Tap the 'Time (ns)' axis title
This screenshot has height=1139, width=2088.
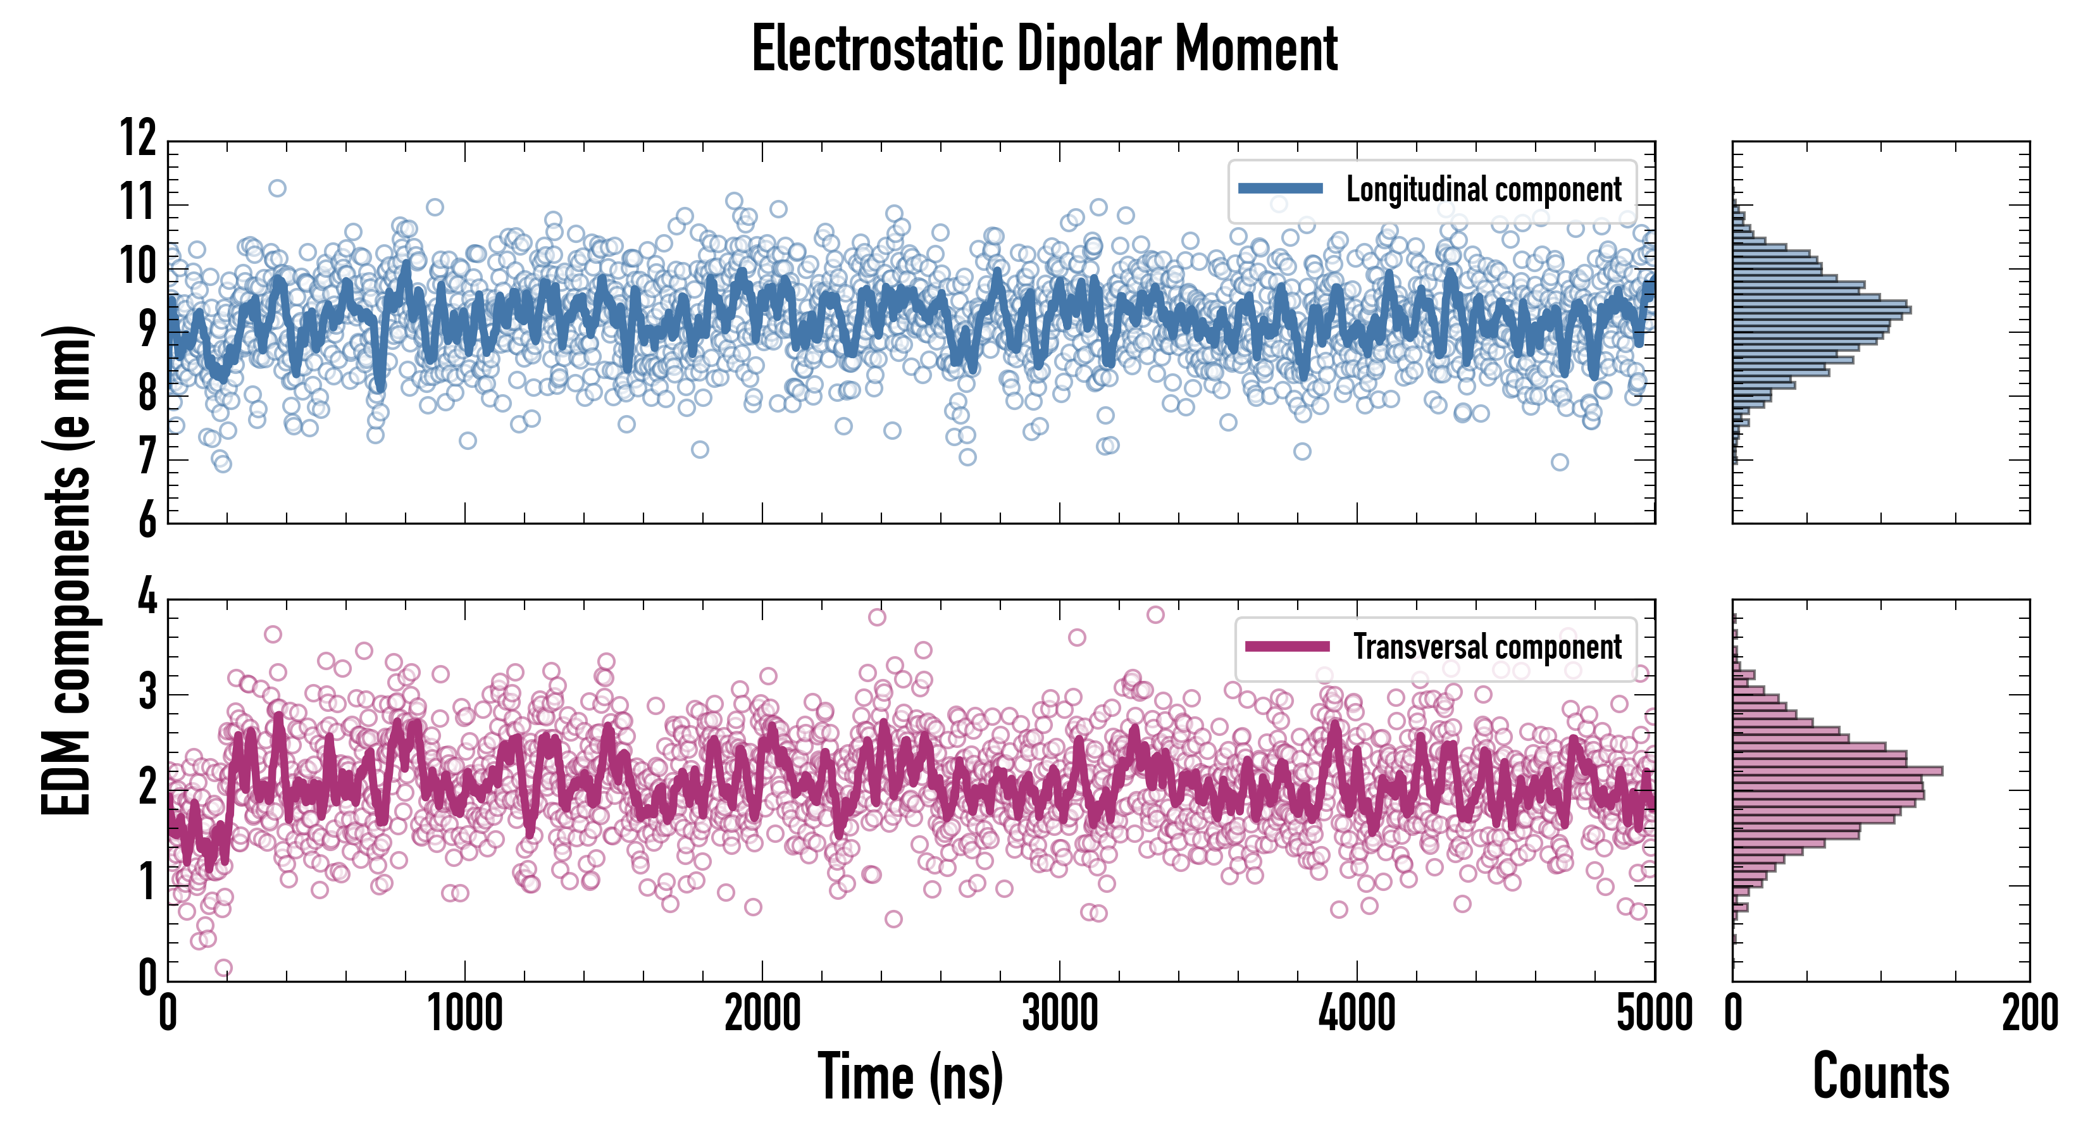[910, 1076]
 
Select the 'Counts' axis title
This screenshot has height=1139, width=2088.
[1880, 1076]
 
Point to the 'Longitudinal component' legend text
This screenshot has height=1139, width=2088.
[1483, 190]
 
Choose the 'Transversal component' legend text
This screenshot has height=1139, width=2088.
[1488, 647]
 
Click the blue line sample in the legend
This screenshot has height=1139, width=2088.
[1280, 189]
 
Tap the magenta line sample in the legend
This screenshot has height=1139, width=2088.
[1287, 646]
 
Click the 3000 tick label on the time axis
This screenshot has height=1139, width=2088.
[1059, 1013]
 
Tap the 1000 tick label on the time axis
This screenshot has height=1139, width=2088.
[464, 1013]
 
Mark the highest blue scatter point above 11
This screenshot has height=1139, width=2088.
[277, 188]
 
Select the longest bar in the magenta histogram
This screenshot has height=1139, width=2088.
[1837, 770]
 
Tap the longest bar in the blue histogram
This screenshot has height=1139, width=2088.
[1822, 309]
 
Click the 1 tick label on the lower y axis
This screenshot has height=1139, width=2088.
[147, 882]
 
